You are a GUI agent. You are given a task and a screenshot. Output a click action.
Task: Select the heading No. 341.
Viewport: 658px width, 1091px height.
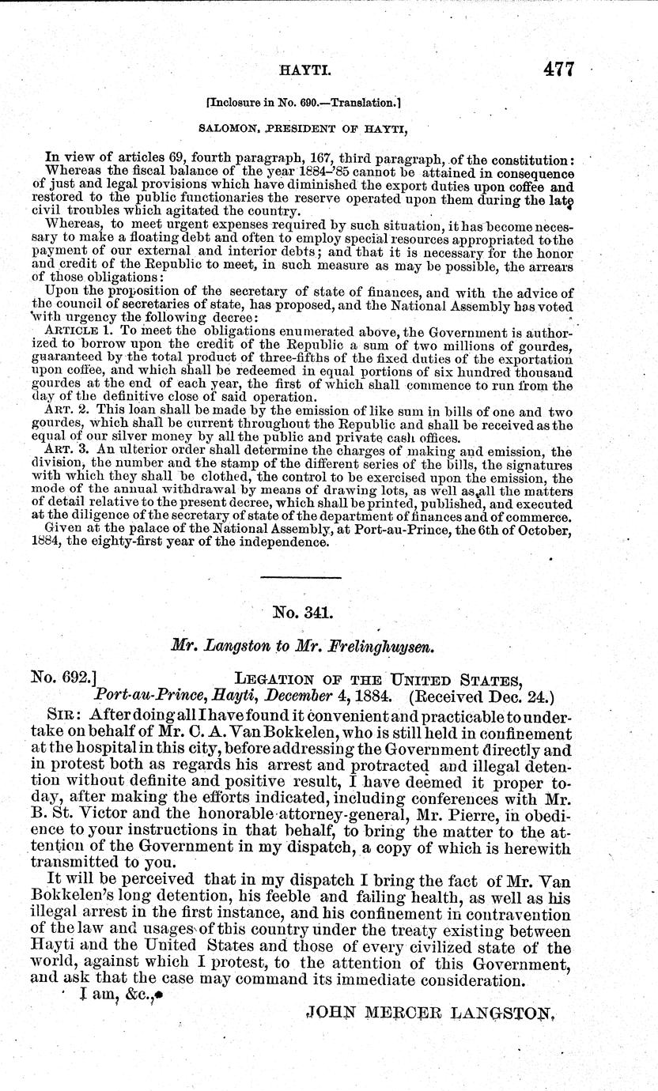coord(305,611)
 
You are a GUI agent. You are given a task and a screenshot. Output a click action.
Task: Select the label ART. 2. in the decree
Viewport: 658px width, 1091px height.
coord(64,411)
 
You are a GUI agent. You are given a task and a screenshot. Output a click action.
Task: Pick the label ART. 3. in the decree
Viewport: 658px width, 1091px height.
coord(64,452)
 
